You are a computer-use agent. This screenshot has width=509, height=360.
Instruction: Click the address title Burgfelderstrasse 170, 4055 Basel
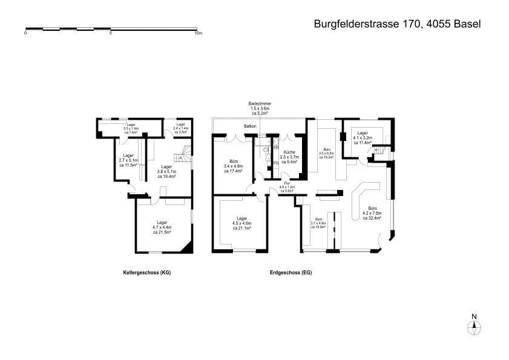coord(397,24)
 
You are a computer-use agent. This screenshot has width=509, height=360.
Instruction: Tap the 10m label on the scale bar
coord(197,33)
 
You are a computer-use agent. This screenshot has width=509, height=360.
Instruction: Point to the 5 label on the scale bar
coord(111,33)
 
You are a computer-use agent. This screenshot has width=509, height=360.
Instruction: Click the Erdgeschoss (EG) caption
coord(291,273)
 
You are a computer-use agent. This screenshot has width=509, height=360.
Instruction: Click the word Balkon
coord(250,126)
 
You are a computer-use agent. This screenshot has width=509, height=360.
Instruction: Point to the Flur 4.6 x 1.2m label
coord(287,188)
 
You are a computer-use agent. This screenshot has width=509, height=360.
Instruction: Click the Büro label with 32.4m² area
coord(372,213)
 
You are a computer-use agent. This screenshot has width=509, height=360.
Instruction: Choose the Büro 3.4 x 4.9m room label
coord(233,166)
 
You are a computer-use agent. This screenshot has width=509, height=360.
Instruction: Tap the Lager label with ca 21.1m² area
coord(242,223)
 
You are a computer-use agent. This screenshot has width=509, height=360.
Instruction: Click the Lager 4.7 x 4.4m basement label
coord(162,227)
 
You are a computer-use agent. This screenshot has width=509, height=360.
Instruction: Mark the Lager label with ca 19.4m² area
coord(166,172)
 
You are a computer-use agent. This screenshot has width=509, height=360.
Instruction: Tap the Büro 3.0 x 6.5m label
coord(327,153)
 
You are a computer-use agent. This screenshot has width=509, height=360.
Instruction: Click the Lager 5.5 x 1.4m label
coord(131,129)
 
